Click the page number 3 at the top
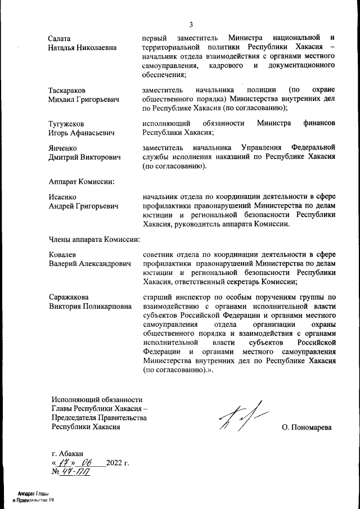[191, 24]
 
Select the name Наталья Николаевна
[82, 47]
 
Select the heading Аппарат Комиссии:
[82, 181]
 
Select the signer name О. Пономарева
[307, 427]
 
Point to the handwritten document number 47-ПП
[78, 472]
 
